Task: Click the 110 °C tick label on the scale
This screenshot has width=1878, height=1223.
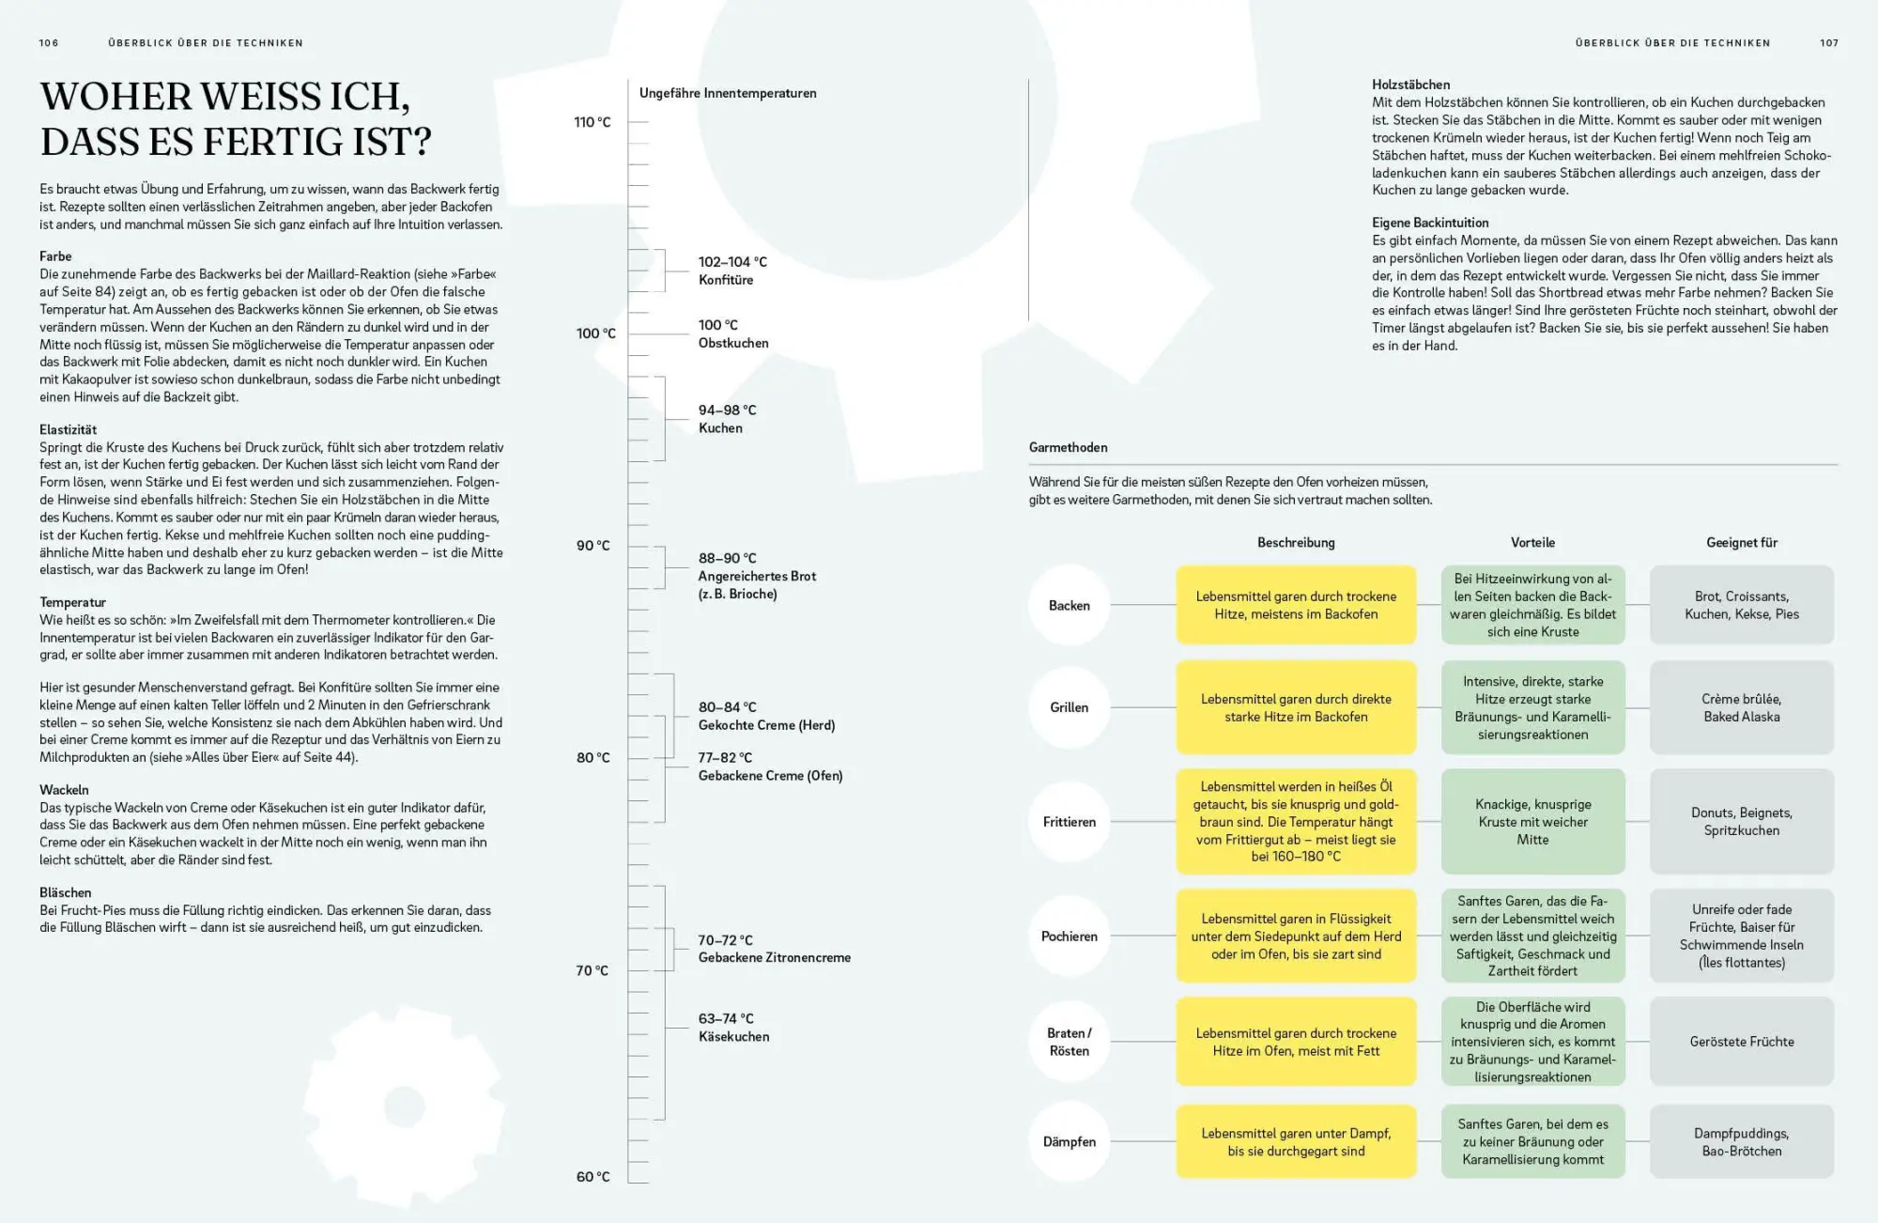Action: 592,122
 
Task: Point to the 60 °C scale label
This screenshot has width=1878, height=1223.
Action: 593,1177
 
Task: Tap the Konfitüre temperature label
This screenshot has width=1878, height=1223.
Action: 732,271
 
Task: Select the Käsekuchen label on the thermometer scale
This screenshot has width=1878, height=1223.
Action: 733,1028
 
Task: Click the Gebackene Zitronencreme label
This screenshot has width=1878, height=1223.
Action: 774,949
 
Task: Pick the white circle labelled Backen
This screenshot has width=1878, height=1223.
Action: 1070,606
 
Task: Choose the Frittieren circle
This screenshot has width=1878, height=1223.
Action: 1070,822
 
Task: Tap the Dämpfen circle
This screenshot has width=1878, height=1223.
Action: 1070,1142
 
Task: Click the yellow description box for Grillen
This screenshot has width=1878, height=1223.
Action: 1296,708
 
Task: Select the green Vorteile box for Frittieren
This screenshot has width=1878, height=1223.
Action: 1532,822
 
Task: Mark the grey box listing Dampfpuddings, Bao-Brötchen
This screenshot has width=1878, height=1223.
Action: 1742,1142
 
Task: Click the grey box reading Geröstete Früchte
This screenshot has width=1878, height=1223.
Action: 1742,1042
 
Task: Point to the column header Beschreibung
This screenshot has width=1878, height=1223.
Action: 1296,543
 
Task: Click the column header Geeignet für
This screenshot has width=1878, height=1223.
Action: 1742,543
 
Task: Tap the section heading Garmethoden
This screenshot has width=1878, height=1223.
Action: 1068,447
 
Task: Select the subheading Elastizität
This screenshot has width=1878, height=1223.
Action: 68,429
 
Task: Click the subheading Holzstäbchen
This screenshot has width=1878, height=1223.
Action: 1410,85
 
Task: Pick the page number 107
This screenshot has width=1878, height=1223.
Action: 1829,43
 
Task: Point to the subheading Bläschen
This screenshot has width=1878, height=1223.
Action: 65,892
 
